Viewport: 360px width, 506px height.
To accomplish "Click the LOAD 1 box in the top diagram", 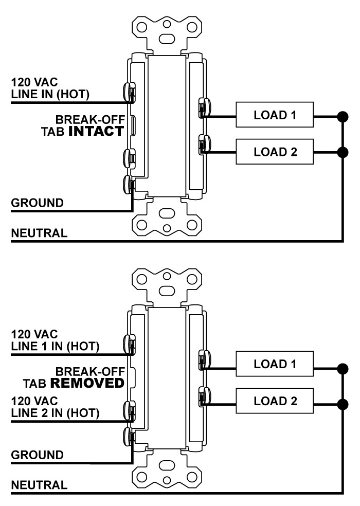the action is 275,115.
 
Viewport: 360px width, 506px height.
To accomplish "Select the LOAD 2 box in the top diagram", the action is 275,152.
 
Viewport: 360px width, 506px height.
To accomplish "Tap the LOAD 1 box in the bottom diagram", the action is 275,364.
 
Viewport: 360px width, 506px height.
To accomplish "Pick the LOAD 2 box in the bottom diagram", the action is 275,401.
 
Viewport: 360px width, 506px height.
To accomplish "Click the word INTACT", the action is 96,131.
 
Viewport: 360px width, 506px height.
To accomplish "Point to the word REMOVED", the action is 87,383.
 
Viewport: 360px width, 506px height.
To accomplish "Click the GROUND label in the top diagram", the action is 37,203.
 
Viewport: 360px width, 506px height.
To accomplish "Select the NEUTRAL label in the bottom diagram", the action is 39,485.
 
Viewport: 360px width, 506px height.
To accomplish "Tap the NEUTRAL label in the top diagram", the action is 39,233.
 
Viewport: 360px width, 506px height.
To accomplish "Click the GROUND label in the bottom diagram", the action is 37,455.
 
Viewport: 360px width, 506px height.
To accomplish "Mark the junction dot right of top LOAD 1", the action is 343,117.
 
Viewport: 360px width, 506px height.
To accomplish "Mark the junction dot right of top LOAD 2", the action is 343,152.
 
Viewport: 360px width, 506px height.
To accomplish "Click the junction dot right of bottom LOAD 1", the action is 343,369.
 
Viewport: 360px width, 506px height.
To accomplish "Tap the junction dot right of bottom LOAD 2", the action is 343,404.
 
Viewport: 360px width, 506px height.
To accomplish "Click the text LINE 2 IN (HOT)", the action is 55,413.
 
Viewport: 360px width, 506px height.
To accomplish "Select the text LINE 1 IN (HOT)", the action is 55,346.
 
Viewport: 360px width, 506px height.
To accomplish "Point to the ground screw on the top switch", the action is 129,185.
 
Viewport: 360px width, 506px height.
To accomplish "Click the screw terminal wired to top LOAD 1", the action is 205,108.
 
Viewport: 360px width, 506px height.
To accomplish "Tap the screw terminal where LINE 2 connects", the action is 129,411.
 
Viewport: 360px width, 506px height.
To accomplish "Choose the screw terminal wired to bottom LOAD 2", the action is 205,396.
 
